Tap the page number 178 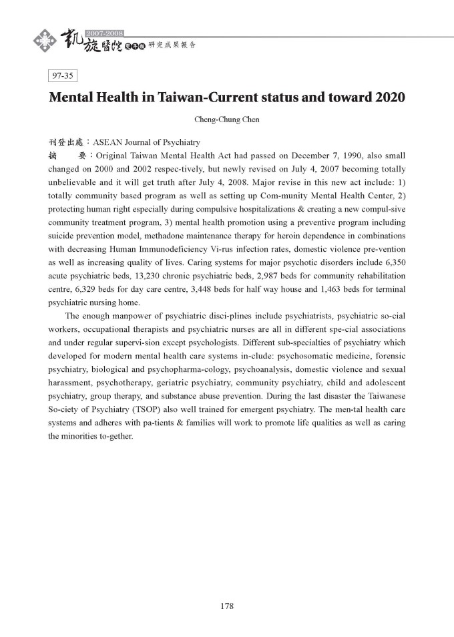(226, 606)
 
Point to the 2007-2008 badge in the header (105, 32)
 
